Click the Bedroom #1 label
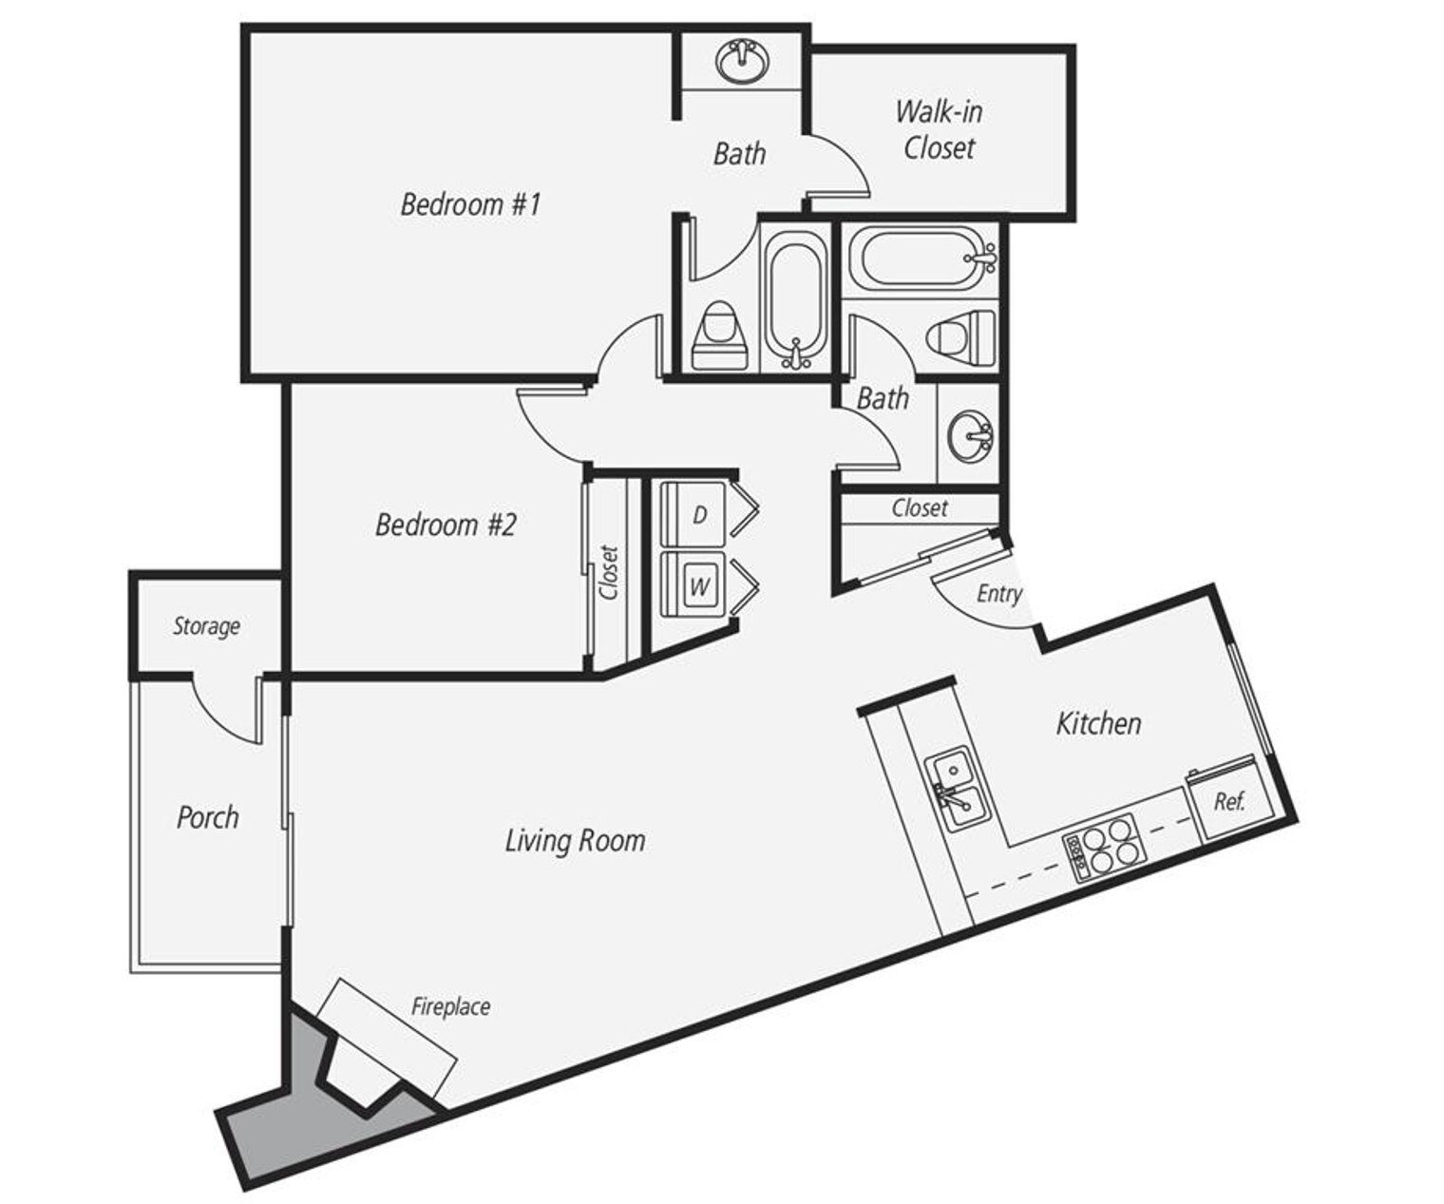tap(470, 204)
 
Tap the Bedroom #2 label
tap(446, 525)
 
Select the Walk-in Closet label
tap(939, 130)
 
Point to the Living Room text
tap(575, 840)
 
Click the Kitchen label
tap(1098, 723)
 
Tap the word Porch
tap(207, 817)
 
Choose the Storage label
tap(206, 626)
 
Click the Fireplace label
tap(450, 1006)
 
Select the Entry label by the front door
tap(998, 594)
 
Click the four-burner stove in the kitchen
tap(1105, 849)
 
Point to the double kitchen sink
tap(958, 791)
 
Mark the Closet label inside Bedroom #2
tap(609, 571)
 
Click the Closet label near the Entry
tap(920, 508)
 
